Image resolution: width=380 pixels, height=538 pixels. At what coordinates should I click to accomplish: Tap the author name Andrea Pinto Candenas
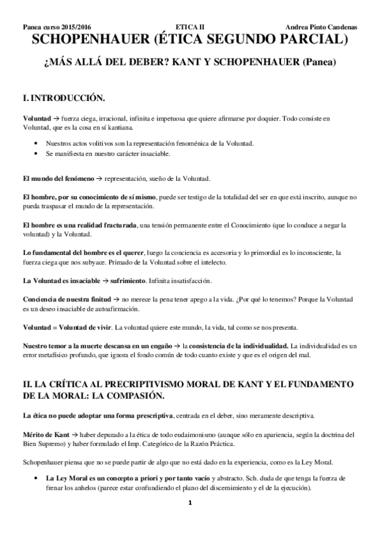coord(322,28)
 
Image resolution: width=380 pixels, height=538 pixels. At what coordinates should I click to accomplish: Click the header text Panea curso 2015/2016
coord(56,28)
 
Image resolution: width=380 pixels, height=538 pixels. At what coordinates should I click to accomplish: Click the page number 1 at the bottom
coord(189,520)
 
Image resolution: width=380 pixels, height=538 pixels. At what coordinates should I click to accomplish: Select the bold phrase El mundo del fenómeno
coord(58,178)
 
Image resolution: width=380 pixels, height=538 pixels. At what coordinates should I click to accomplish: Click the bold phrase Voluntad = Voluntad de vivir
coord(67,327)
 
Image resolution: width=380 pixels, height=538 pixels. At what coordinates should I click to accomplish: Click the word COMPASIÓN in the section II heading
coord(134,396)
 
